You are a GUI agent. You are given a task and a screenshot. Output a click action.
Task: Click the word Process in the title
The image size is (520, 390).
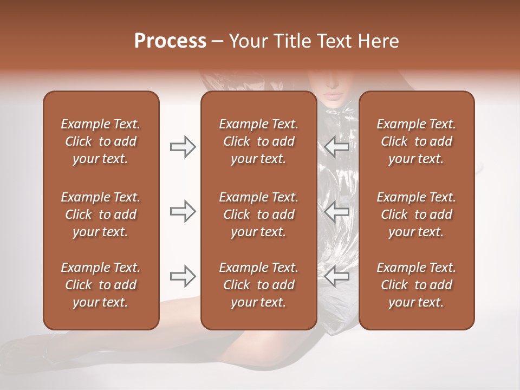(170, 41)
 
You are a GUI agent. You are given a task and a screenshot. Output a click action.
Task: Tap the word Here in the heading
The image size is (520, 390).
(378, 41)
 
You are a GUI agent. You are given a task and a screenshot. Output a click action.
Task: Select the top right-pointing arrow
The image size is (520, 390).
(183, 147)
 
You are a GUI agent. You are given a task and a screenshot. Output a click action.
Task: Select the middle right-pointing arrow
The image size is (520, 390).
(183, 211)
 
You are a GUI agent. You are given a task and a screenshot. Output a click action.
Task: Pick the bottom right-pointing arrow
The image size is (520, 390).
(183, 276)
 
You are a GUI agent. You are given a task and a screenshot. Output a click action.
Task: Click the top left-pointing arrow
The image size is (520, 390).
(336, 147)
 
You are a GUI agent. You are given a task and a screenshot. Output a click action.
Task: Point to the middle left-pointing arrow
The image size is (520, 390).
(336, 211)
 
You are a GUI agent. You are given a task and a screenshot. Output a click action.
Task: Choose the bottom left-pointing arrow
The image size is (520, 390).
(336, 276)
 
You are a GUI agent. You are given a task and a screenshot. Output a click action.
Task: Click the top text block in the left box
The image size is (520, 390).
(101, 141)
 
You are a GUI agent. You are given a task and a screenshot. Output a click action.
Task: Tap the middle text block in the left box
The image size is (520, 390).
(101, 214)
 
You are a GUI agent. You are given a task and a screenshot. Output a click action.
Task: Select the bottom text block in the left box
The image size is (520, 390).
(101, 285)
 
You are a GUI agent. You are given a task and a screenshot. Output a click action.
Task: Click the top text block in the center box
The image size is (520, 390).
(258, 141)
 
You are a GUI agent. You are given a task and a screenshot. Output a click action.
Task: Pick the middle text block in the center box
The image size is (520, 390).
(258, 214)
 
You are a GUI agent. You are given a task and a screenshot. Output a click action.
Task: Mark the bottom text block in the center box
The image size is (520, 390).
(258, 285)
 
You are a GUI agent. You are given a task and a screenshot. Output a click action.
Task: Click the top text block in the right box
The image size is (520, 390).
(416, 141)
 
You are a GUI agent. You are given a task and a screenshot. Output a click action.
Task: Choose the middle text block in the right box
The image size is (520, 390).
(416, 214)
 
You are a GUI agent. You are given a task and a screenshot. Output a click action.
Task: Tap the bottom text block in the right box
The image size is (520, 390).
(416, 285)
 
